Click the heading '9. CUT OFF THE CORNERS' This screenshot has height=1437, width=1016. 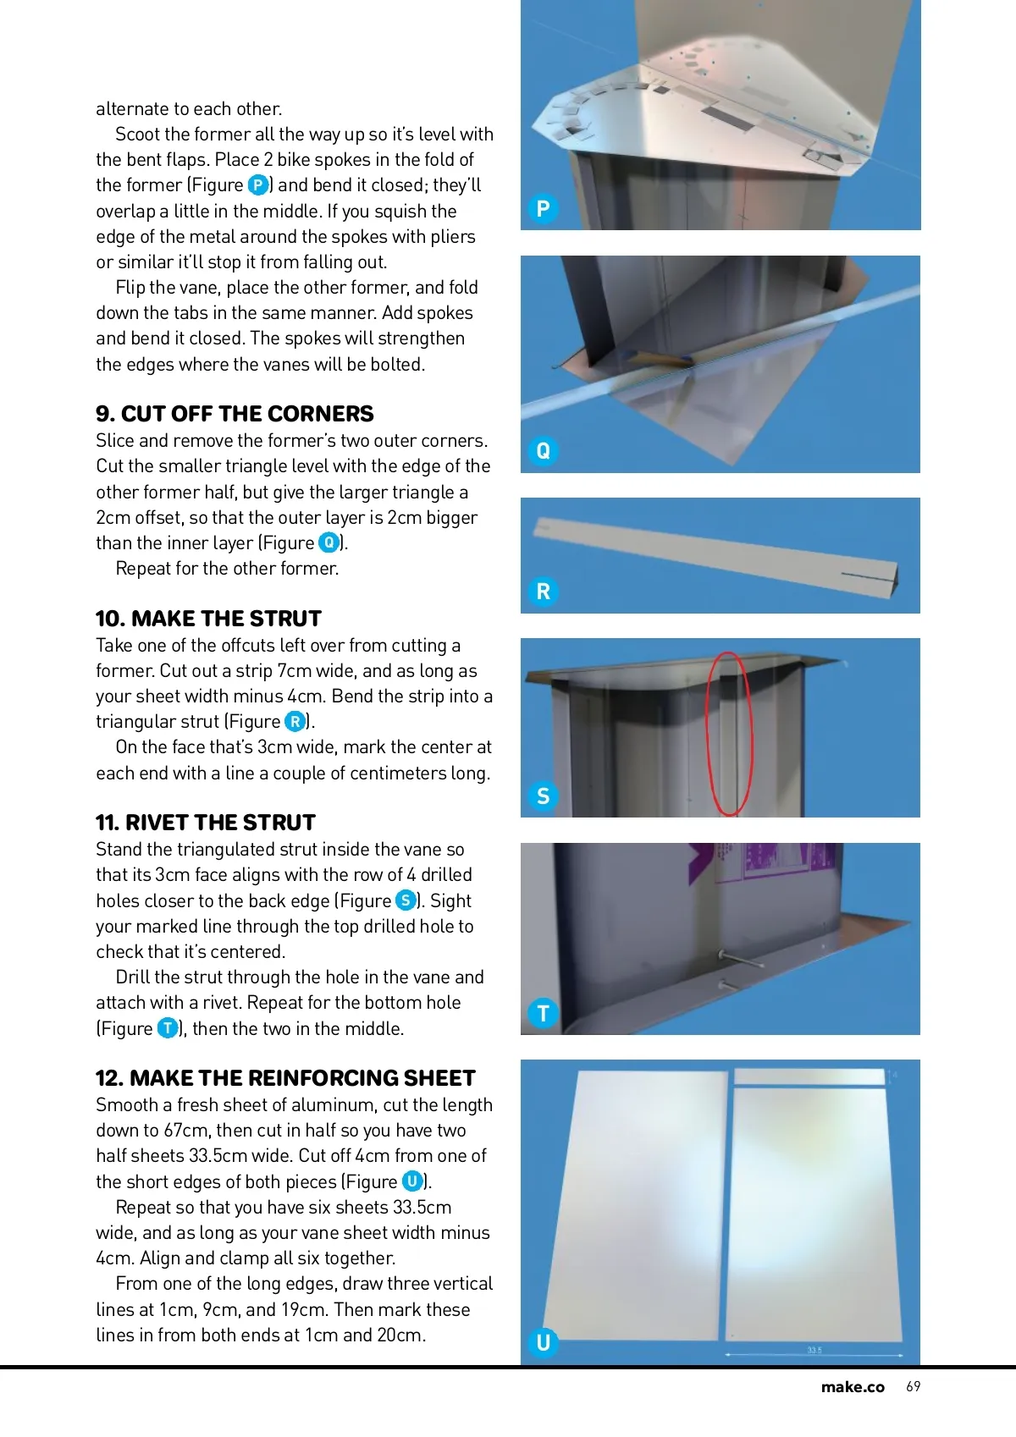tap(235, 414)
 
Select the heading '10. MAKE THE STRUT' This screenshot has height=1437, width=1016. tap(208, 619)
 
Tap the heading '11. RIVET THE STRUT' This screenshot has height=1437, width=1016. tap(206, 823)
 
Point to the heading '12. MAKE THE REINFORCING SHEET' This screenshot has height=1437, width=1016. tap(285, 1078)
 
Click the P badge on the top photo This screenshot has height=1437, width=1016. tap(543, 208)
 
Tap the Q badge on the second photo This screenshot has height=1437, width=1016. tap(543, 451)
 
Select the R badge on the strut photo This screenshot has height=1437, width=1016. tap(543, 591)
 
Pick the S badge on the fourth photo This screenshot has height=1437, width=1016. tap(543, 796)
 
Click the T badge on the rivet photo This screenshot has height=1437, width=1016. tap(543, 1014)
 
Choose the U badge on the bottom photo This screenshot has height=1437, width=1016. tap(543, 1342)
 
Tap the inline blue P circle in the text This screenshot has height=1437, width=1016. tap(258, 185)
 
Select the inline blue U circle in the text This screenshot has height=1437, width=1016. tap(412, 1181)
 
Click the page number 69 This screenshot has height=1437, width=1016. tap(914, 1386)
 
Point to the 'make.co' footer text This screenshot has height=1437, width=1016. tap(853, 1387)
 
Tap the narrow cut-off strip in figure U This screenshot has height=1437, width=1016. tap(809, 1077)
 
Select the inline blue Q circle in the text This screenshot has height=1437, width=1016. tap(329, 542)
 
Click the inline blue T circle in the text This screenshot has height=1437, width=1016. tap(168, 1028)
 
